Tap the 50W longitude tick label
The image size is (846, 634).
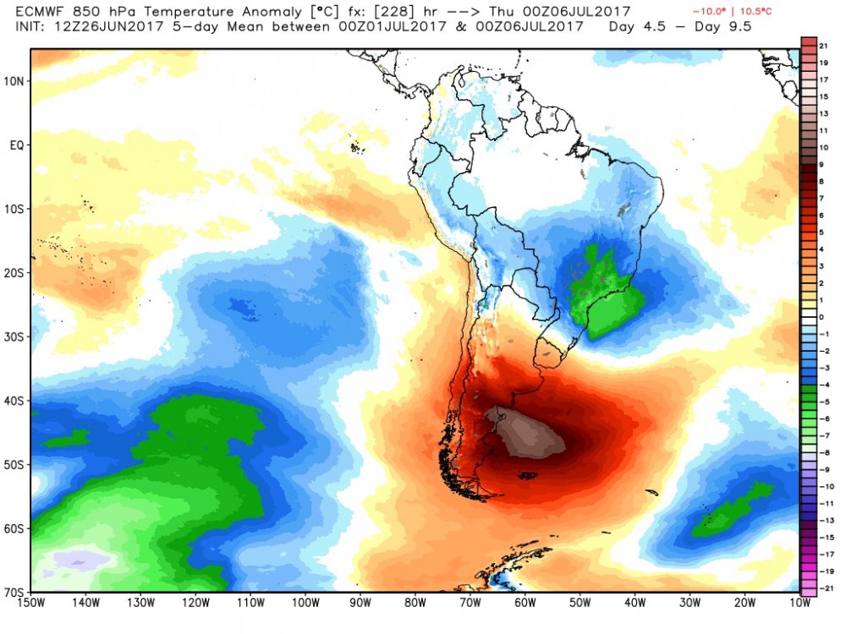coord(580,604)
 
